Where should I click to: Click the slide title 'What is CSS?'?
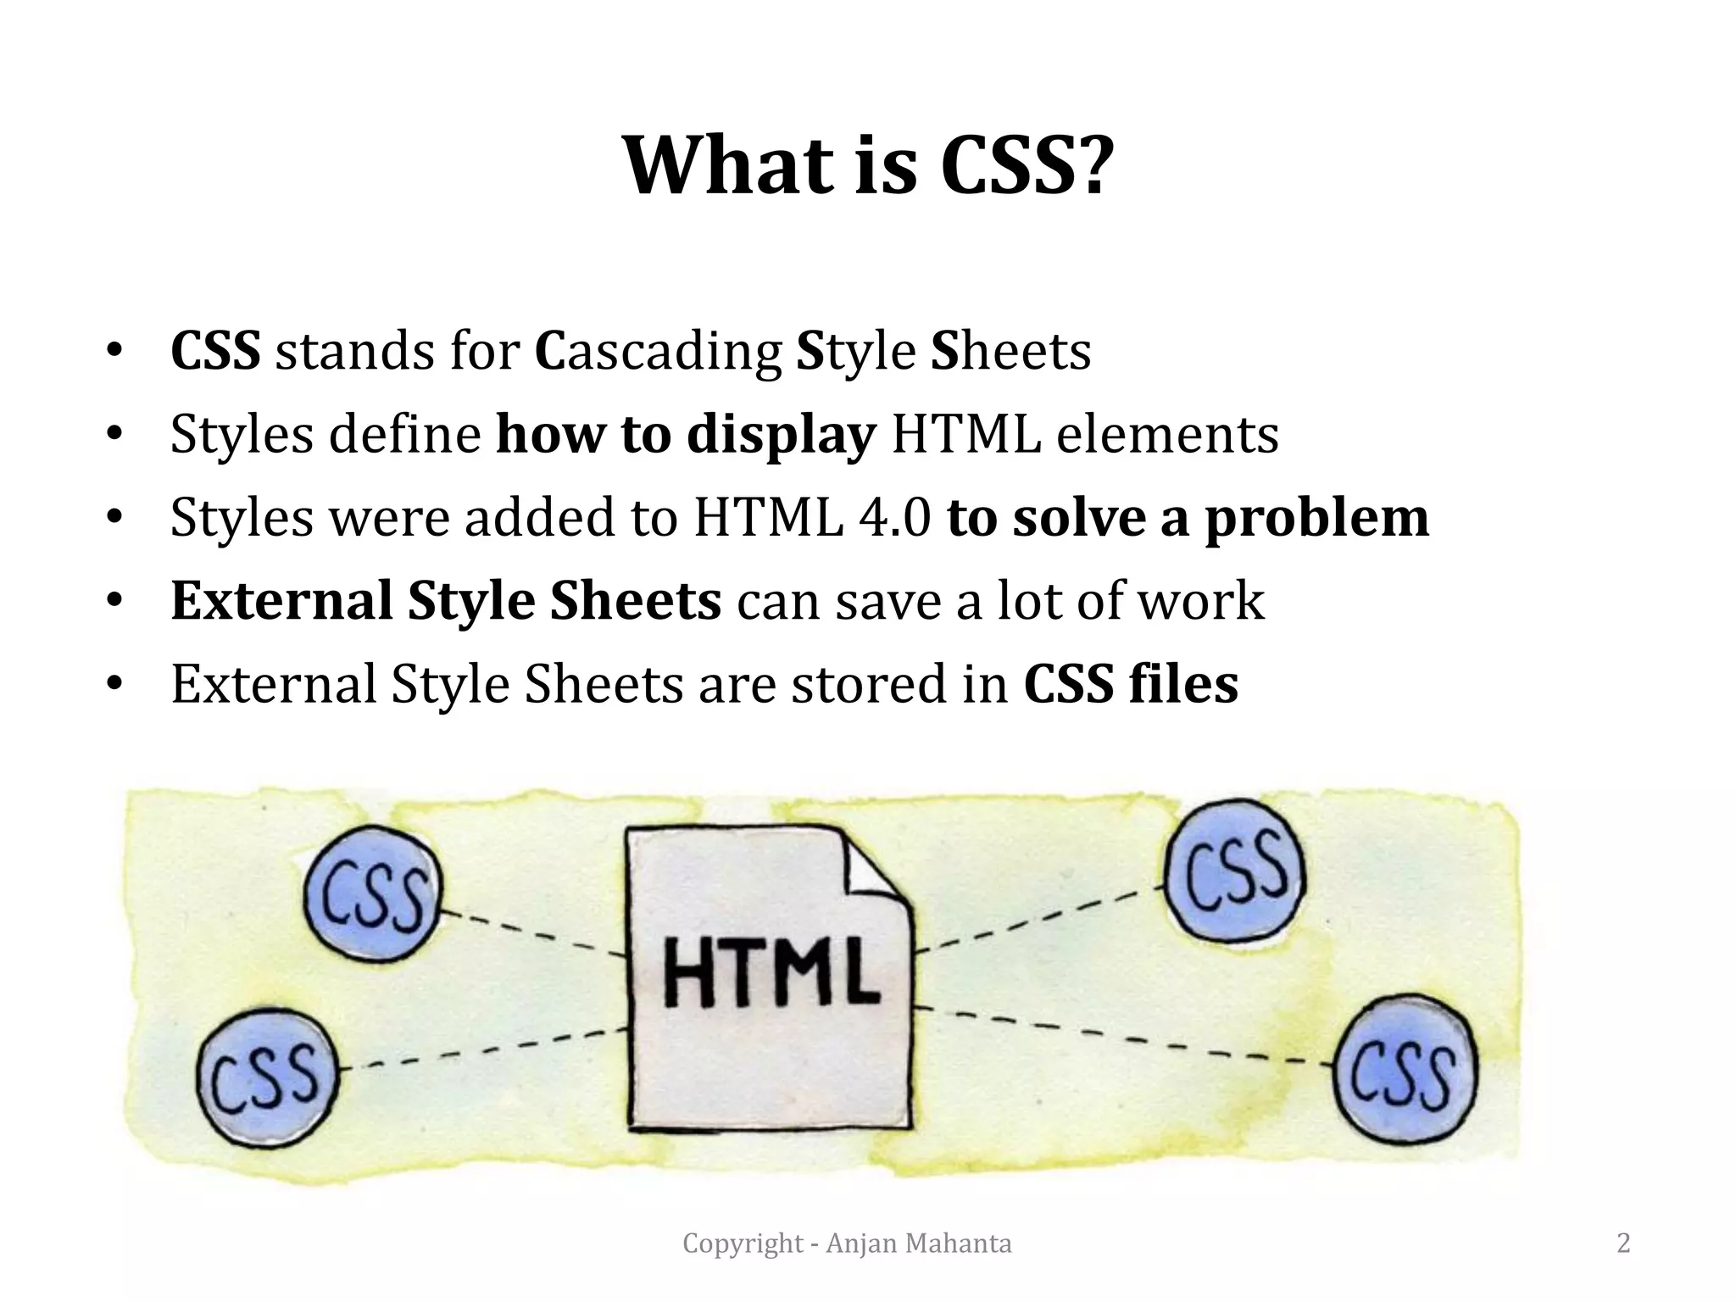865,165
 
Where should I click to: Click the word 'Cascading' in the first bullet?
658,352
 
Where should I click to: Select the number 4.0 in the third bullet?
894,518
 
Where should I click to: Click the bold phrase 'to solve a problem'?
1188,518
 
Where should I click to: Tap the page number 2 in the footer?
1623,1244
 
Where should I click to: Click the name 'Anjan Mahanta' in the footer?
919,1244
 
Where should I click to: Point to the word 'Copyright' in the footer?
743,1244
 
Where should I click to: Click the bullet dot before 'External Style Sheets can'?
115,601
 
